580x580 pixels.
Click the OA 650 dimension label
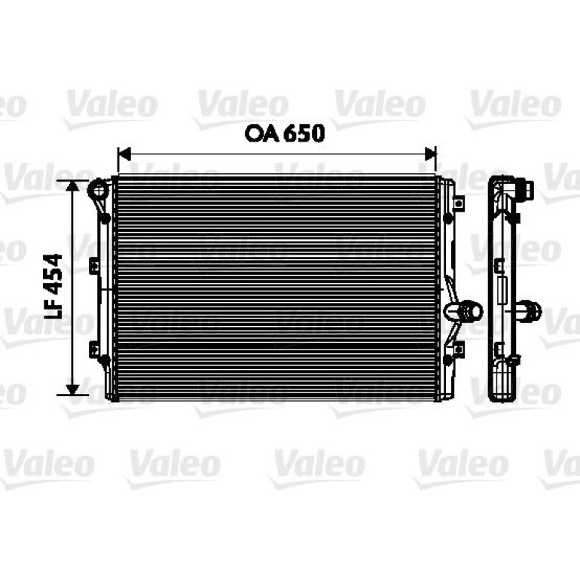[285, 133]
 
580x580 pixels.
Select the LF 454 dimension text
[53, 287]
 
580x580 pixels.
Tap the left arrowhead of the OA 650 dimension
[124, 154]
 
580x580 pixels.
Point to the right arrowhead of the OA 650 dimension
[431, 154]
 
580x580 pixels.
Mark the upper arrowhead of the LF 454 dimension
[72, 186]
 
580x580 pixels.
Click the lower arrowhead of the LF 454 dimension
[72, 389]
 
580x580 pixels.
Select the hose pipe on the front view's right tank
[463, 311]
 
